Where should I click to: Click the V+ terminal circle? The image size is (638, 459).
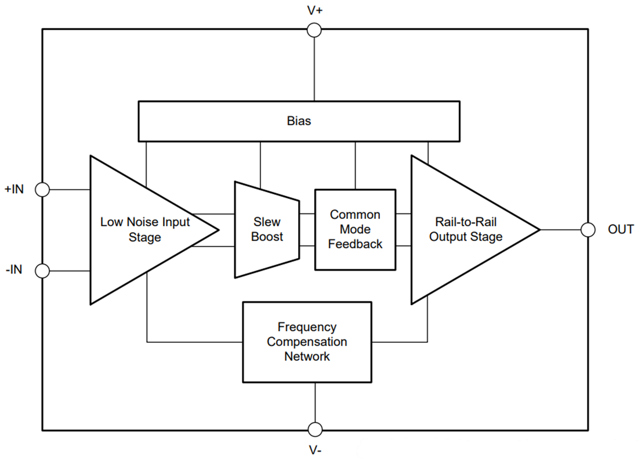tap(314, 30)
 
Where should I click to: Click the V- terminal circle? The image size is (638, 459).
tap(314, 429)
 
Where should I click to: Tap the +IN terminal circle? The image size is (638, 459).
tap(42, 189)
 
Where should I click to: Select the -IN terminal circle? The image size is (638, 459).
tap(42, 270)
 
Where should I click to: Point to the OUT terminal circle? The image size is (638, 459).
tap(588, 230)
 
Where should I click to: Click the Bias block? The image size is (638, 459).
tap(299, 121)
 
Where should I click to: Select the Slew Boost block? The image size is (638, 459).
tap(267, 229)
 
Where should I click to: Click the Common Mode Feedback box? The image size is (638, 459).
tap(355, 229)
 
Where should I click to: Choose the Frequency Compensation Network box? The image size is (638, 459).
tap(307, 342)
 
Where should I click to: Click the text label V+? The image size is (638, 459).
tap(314, 10)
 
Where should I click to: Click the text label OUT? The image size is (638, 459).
tap(621, 230)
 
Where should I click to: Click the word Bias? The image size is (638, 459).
tap(299, 121)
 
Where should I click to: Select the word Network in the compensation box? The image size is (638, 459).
tap(307, 356)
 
